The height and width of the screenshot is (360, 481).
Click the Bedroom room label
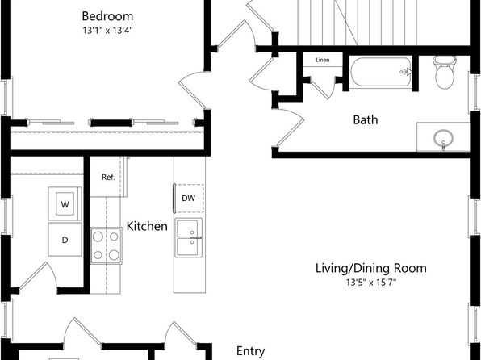(107, 16)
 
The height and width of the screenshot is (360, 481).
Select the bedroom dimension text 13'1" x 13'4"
(107, 31)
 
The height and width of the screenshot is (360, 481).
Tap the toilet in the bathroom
(444, 73)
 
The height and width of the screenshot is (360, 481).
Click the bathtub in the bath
(381, 73)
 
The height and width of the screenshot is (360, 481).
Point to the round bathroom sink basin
(443, 137)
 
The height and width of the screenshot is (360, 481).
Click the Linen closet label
(323, 60)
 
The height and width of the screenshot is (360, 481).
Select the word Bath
(366, 119)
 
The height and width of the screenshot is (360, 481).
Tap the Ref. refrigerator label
(108, 177)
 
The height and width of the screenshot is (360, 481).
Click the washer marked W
(65, 203)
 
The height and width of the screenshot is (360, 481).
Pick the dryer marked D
(65, 240)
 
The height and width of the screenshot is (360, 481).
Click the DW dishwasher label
(188, 199)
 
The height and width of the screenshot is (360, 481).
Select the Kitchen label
(147, 226)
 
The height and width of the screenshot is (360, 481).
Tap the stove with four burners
(106, 245)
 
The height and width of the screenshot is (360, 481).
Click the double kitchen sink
(189, 238)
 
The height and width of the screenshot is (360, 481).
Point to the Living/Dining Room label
(371, 268)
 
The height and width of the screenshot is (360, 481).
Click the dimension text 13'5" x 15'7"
(371, 282)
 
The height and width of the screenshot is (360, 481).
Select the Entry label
(251, 351)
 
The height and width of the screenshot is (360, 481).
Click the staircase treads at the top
(358, 23)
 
